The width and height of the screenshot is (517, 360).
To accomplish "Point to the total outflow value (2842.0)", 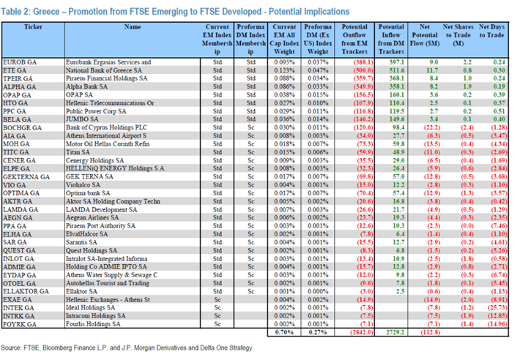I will [354, 331].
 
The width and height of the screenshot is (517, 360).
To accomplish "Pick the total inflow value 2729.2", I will [392, 331].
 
